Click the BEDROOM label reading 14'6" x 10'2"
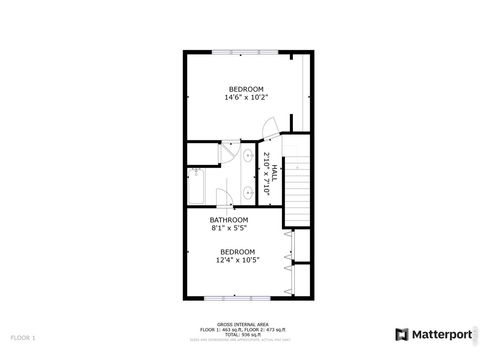pos(247,88)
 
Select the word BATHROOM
pos(228,219)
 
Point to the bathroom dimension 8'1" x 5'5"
pos(228,228)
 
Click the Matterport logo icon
pos(402,334)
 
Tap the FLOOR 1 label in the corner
pos(22,337)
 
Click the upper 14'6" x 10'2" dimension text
pos(247,97)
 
